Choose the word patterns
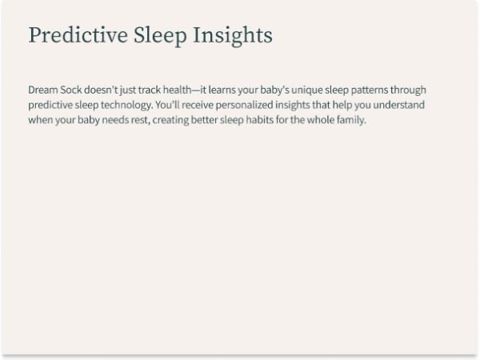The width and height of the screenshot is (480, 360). point(372,90)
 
